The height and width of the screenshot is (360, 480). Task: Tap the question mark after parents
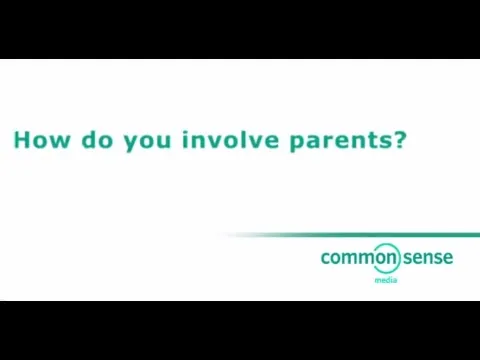tap(400, 139)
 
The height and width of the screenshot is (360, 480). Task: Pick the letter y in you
tap(130, 143)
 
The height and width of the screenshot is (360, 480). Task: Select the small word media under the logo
tap(385, 281)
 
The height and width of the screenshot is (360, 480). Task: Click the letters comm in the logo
tap(343, 258)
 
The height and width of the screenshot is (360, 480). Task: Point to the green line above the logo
tap(350, 235)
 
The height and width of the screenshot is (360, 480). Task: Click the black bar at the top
tap(240, 28)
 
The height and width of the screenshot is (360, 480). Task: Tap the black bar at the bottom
tap(240, 330)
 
